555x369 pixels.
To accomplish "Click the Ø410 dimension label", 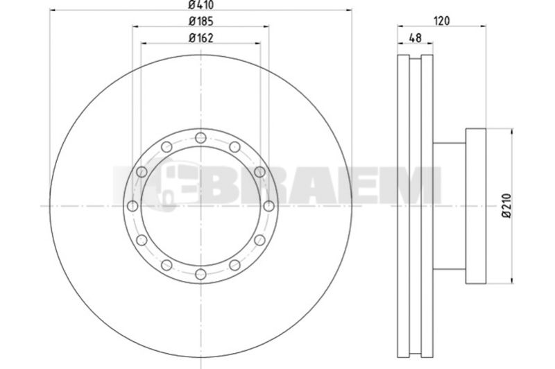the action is [201, 5].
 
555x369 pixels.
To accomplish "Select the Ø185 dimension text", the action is [201, 22].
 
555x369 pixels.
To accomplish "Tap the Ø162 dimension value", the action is [201, 38].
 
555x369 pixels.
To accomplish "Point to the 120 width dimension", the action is [442, 22].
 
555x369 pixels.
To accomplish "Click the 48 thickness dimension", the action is [415, 38].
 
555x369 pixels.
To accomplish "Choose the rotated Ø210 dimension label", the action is [507, 206].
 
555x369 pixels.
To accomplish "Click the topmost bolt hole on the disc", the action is [200, 137].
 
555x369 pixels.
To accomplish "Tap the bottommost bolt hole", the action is [200, 274].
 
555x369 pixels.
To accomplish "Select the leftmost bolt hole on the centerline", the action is [133, 206].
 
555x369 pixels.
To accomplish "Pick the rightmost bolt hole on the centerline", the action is [268, 206].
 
